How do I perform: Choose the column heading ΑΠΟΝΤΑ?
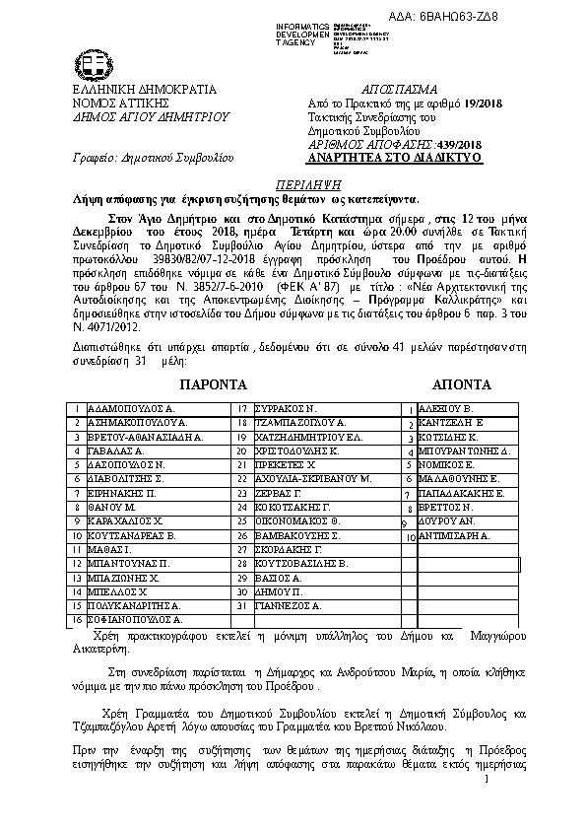461,382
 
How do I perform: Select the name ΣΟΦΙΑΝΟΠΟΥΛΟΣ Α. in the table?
136,620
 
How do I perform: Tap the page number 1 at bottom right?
486,780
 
